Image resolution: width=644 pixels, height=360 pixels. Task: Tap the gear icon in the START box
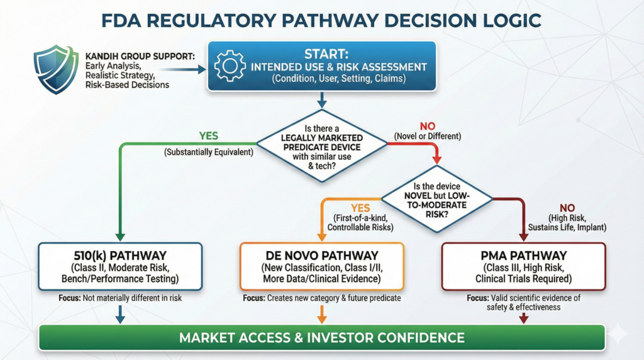[x=230, y=67]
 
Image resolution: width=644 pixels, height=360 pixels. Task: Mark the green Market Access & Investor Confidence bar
[x=322, y=337]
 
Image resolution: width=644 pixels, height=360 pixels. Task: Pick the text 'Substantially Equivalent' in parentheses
[x=209, y=151]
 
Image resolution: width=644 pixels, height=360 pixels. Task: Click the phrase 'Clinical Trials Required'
[x=523, y=278]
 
